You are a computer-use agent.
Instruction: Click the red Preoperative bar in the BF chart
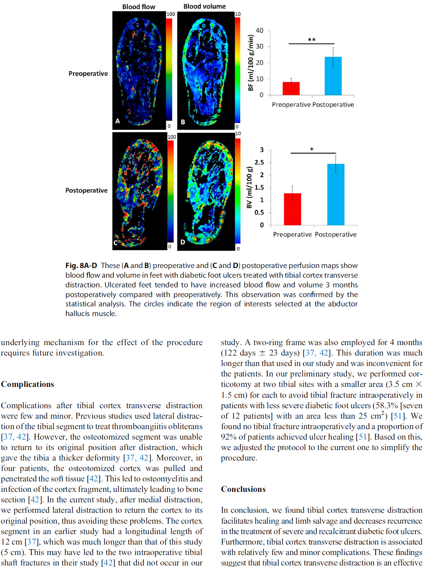[x=291, y=88]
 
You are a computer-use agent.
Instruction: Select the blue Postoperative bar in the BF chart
[x=333, y=76]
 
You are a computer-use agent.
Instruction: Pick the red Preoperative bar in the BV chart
[x=292, y=209]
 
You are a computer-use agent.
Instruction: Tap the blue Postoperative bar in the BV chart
[x=336, y=194]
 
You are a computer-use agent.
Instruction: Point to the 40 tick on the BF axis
[x=260, y=31]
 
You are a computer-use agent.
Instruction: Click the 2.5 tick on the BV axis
[x=259, y=162]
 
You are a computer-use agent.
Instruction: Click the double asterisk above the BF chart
[x=312, y=40]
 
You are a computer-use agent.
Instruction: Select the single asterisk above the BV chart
[x=312, y=149]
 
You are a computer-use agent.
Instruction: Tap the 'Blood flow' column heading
[x=138, y=7]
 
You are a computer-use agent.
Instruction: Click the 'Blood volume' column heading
[x=204, y=6]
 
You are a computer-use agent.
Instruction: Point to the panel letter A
[x=118, y=121]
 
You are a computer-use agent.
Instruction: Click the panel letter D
[x=183, y=242]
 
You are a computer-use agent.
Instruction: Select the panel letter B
[x=183, y=122]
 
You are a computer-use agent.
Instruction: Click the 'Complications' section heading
[x=27, y=384]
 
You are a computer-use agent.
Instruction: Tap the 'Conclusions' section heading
[x=243, y=489]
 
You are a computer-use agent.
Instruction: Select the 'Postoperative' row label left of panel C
[x=86, y=191]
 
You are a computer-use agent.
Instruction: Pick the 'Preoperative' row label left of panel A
[x=88, y=74]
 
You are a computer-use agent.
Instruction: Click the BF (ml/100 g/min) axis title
[x=251, y=63]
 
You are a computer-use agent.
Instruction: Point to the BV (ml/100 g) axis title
[x=250, y=187]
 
